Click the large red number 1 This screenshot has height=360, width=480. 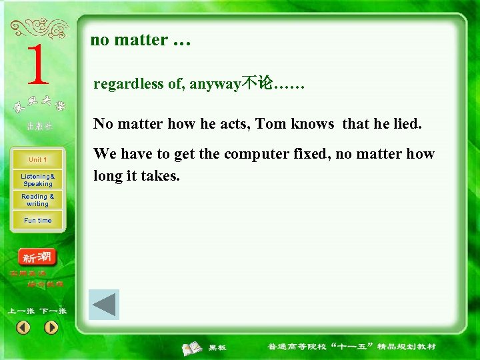(x=37, y=65)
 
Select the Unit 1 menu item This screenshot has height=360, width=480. (x=37, y=160)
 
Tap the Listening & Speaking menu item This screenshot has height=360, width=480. (x=37, y=180)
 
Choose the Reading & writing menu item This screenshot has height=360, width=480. (x=37, y=200)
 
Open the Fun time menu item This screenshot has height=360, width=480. (x=37, y=221)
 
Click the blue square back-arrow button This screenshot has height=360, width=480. (x=103, y=305)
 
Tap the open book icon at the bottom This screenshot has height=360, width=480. (x=193, y=347)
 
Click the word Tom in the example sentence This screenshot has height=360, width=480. (x=271, y=124)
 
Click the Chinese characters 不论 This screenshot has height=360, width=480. (x=257, y=84)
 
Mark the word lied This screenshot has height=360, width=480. (x=408, y=124)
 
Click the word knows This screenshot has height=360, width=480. (x=313, y=124)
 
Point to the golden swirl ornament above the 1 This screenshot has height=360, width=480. (x=40, y=28)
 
